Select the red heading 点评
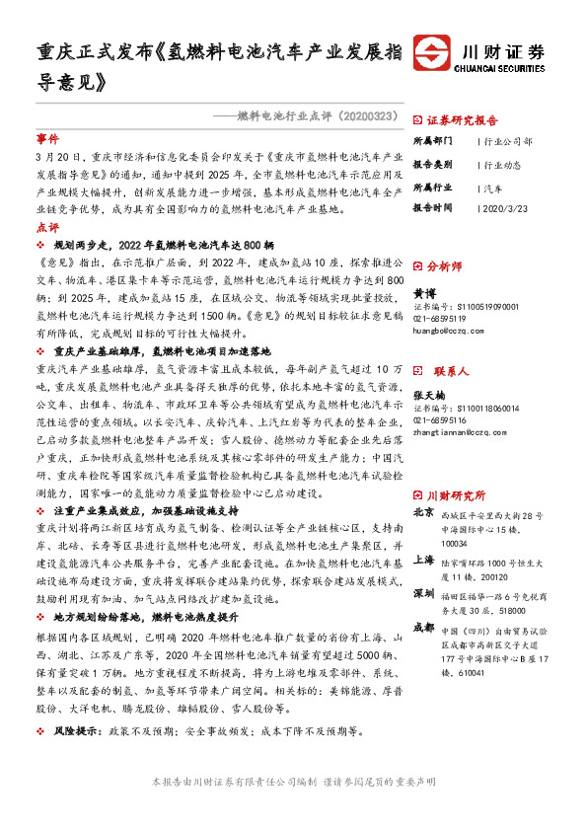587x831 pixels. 46,227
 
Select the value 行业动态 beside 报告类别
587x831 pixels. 503,164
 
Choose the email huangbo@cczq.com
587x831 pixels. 445,331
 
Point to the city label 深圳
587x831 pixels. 423,594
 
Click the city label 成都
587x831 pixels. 423,626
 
